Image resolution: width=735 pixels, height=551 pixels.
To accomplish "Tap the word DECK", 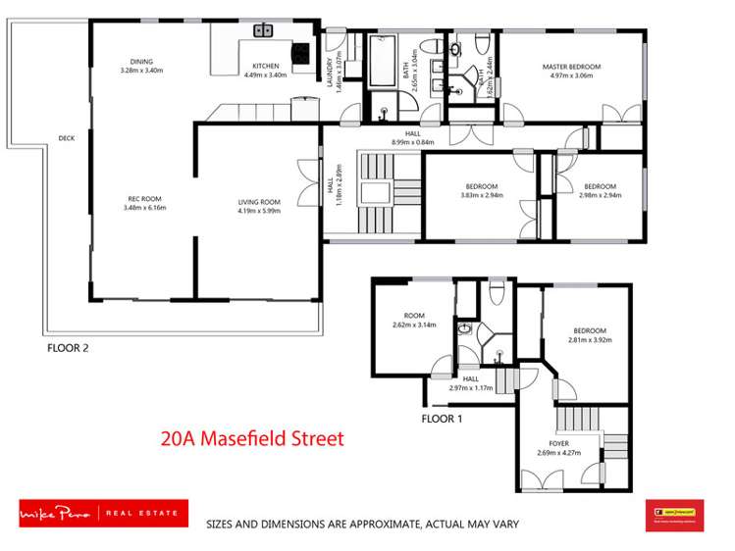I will (x=67, y=138).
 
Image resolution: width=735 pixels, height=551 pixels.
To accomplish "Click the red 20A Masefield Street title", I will (x=252, y=438).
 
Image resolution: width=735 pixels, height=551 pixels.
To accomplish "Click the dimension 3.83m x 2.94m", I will (x=482, y=195).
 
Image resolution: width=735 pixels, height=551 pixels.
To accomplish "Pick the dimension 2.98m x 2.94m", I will (x=600, y=195).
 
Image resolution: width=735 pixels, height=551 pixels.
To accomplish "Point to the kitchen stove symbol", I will (x=298, y=54).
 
